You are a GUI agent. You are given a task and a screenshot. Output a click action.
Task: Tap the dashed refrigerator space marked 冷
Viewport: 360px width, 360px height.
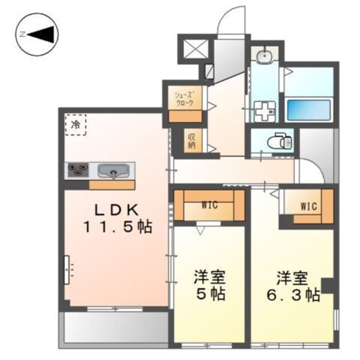pyautogui.click(x=76, y=126)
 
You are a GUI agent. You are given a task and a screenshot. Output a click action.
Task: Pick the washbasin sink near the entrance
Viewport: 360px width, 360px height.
pyautogui.click(x=265, y=57)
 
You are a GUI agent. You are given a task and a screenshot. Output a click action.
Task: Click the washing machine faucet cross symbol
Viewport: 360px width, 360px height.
pyautogui.click(x=263, y=110)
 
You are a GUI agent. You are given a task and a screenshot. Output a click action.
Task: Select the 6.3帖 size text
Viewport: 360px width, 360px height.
pyautogui.click(x=293, y=295)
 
